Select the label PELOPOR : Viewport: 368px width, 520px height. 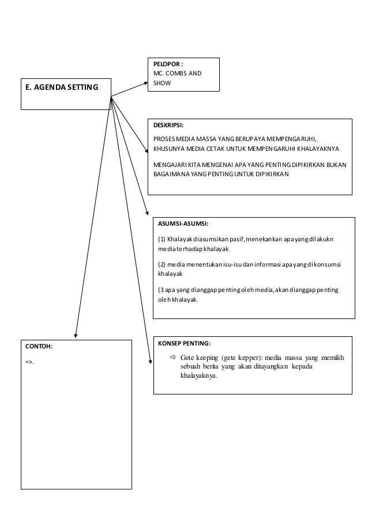(x=169, y=64)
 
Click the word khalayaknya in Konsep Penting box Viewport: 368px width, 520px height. (x=198, y=376)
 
